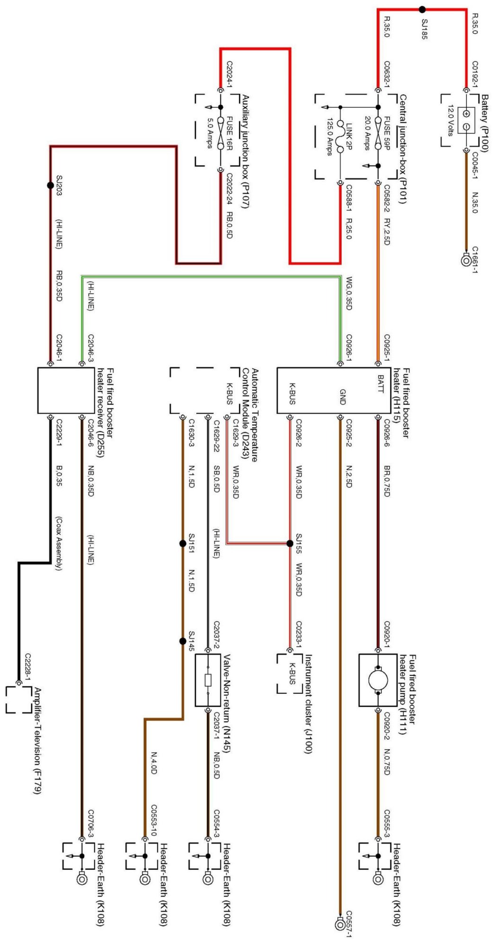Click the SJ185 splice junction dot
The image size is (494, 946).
pos(422,9)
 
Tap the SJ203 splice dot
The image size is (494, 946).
pos(51,185)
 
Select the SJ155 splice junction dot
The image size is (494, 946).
pos(290,543)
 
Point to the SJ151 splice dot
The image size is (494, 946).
pos(183,543)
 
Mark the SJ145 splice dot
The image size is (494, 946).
pos(183,641)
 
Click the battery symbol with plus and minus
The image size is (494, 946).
pos(466,120)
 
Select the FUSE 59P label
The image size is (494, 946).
pos(387,133)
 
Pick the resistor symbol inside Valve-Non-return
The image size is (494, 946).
pos(208,680)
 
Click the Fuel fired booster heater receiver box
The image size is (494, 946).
pos(66,390)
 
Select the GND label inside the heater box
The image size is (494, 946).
pos(343,396)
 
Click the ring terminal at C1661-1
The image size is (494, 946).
pos(466,259)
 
